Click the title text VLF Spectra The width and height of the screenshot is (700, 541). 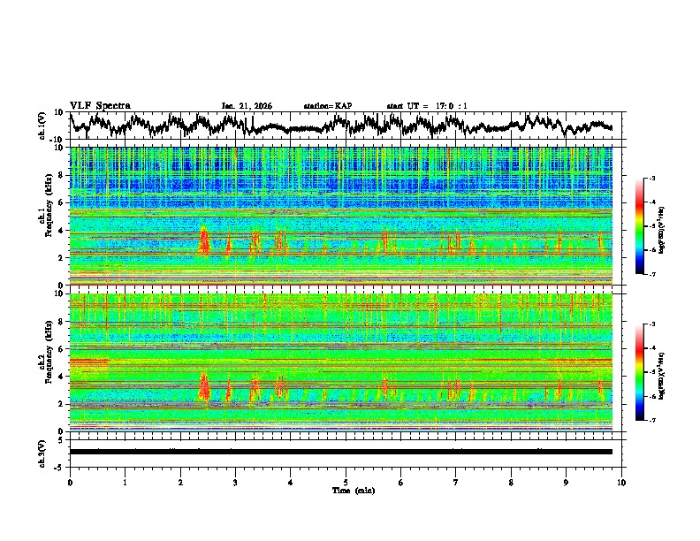(100, 105)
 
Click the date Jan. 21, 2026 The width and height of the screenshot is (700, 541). (247, 106)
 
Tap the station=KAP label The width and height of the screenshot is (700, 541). (327, 106)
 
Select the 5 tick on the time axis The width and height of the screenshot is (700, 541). (346, 482)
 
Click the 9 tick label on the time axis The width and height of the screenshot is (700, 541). (567, 482)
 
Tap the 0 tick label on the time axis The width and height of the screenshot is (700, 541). (70, 482)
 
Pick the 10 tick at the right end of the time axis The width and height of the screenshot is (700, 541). (621, 482)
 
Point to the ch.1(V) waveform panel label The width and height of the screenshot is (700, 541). (42, 126)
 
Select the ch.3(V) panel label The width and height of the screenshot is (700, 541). (42, 452)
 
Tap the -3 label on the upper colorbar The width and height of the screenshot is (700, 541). (651, 179)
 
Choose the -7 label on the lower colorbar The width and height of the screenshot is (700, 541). (651, 421)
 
